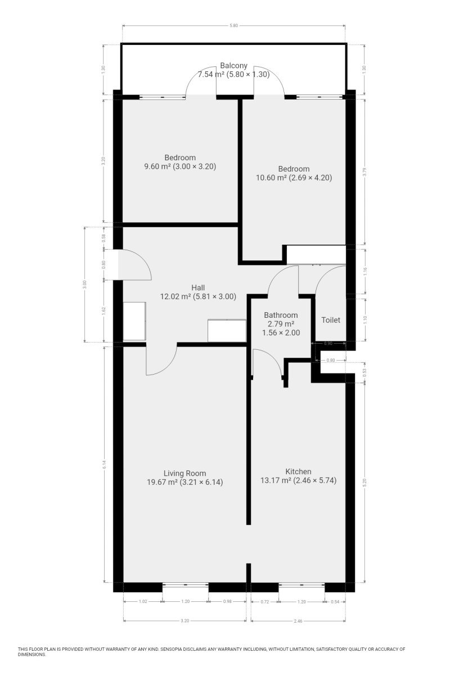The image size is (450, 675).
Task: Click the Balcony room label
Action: click(233, 65)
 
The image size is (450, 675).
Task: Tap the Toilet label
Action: click(330, 320)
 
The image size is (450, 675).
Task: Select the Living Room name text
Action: click(184, 474)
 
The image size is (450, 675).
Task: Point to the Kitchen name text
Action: click(298, 471)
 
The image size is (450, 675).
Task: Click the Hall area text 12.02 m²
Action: click(175, 296)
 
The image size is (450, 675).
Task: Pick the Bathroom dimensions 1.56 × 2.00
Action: click(281, 332)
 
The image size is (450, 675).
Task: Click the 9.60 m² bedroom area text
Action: click(157, 166)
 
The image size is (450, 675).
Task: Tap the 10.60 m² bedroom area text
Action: click(271, 178)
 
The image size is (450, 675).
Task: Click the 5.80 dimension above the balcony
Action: click(233, 26)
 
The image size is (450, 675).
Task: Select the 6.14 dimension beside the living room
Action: click(104, 465)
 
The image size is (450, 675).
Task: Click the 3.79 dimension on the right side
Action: click(364, 172)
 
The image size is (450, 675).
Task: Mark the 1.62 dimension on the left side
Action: click(104, 310)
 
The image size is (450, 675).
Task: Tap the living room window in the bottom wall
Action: click(186, 584)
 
